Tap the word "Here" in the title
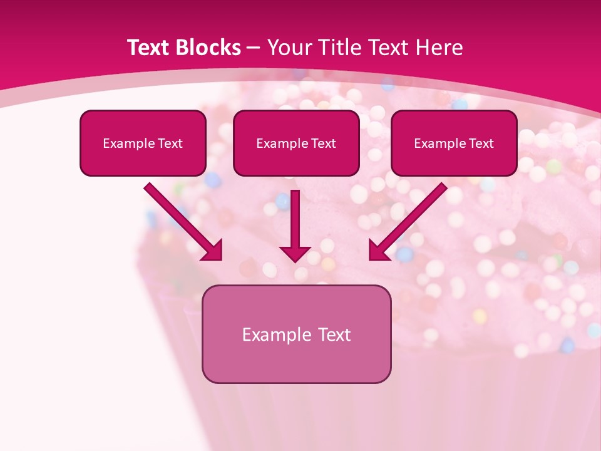(x=440, y=48)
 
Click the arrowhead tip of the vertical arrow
(x=295, y=259)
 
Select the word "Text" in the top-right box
(x=481, y=143)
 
